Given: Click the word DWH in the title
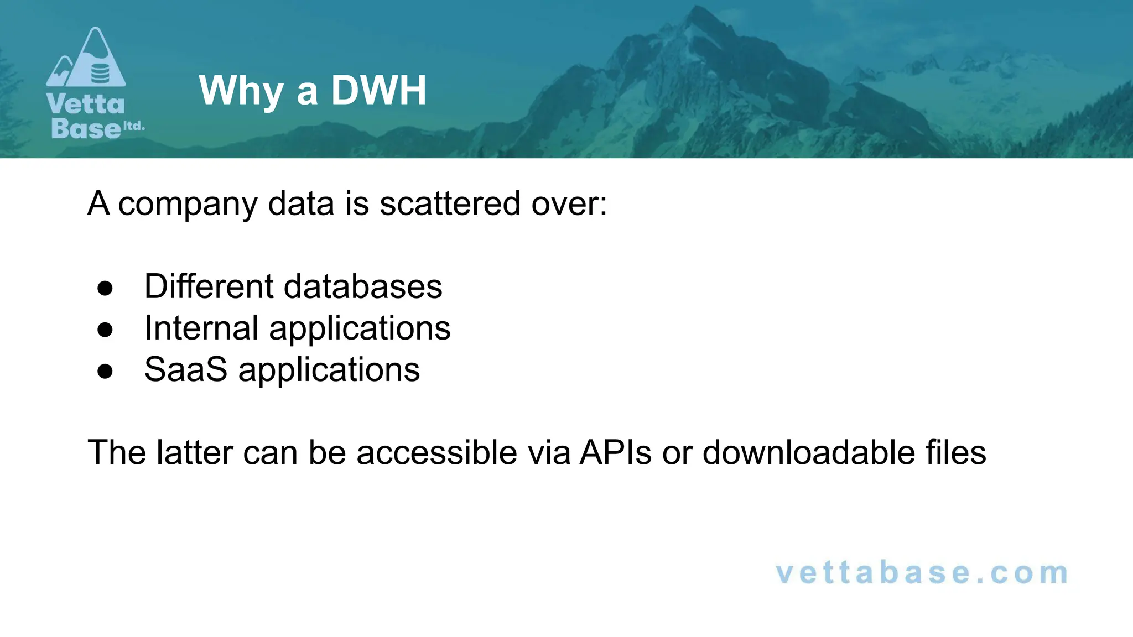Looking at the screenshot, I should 379,90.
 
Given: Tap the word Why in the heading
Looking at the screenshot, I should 241,91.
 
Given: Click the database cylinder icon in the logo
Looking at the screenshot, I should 100,73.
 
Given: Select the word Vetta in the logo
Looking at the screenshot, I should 86,104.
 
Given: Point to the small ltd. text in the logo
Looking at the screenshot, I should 133,126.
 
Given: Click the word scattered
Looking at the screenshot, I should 450,203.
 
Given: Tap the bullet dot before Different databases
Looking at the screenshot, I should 105,288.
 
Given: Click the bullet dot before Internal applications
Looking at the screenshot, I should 105,330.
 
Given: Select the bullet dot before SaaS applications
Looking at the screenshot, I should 105,371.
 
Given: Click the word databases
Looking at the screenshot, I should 363,286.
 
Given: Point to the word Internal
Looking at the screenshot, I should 201,328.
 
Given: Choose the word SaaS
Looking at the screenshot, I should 186,369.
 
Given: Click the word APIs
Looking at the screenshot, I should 616,452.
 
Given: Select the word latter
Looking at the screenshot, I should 194,452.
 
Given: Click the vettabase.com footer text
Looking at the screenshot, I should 922,573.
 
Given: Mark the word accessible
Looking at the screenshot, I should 436,452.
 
